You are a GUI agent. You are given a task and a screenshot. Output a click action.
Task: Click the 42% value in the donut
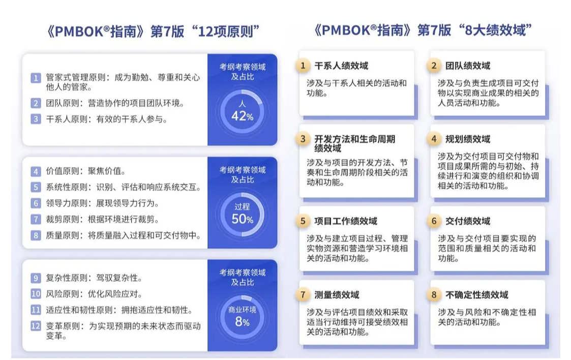coord(243,116)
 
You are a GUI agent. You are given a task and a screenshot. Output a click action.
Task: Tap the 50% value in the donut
coord(243,219)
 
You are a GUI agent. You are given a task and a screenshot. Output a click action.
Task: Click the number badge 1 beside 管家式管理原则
coord(36,78)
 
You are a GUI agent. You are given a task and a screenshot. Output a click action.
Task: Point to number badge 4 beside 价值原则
coord(36,171)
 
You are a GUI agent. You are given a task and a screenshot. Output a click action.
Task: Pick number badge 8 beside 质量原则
coord(36,235)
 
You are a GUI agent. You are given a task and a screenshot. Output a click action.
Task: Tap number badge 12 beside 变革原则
coord(36,326)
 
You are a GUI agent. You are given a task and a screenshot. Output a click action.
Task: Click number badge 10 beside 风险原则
coord(36,294)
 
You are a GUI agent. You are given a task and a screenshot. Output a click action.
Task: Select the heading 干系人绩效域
coord(341,66)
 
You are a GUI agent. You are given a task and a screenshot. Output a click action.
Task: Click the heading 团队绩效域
coord(468,66)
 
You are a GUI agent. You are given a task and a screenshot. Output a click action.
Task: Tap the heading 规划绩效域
coord(468,139)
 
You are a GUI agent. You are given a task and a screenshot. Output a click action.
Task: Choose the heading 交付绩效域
coord(468,221)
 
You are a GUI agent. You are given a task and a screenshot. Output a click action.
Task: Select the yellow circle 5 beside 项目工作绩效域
coord(303,221)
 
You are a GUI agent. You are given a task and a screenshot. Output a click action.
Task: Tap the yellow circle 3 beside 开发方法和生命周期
coord(303,139)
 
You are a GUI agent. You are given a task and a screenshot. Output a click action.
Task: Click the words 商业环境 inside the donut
coord(243,310)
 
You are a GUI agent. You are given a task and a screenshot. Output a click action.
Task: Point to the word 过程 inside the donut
coord(243,207)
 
